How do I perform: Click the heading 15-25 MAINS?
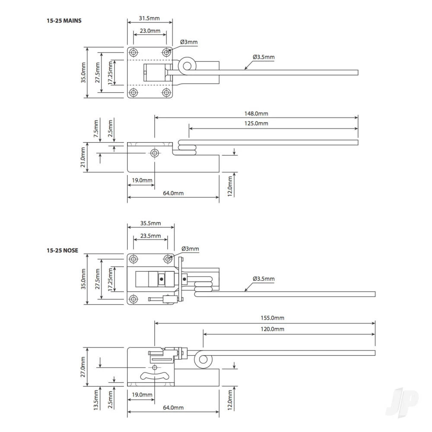(64, 20)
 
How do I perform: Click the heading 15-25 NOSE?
(63, 251)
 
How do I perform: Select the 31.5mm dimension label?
(150, 19)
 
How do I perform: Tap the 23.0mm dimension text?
(150, 31)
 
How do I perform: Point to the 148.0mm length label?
(257, 114)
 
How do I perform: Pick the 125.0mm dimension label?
(257, 124)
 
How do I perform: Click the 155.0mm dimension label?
(272, 318)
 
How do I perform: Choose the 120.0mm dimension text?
(272, 329)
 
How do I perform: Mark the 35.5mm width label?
(150, 223)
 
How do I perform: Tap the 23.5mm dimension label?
(150, 236)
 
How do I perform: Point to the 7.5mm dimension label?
(96, 128)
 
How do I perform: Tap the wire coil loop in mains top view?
(187, 66)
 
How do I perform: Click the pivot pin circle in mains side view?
(154, 153)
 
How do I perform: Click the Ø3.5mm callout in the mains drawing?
(264, 57)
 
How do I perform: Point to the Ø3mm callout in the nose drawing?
(190, 249)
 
